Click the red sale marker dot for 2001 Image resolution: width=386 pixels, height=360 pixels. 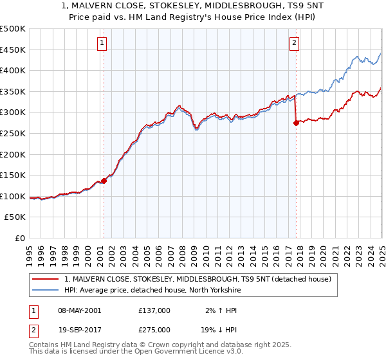pos(104,181)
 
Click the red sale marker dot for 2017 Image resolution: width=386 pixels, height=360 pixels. pos(296,123)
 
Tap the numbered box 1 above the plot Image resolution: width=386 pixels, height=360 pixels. pos(102,43)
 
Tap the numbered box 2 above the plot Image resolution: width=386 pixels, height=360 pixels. pos(294,43)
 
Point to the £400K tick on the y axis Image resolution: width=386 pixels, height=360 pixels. pos(13,71)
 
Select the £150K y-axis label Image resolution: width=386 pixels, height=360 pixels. pos(13,175)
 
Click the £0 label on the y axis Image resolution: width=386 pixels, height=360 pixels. pos(19,238)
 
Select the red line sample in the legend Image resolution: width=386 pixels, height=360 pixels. pos(46,279)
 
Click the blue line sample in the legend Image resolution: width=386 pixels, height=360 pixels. pos(46,290)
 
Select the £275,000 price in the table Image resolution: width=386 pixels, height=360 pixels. pos(154,329)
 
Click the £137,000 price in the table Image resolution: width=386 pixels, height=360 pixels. pos(154,310)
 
